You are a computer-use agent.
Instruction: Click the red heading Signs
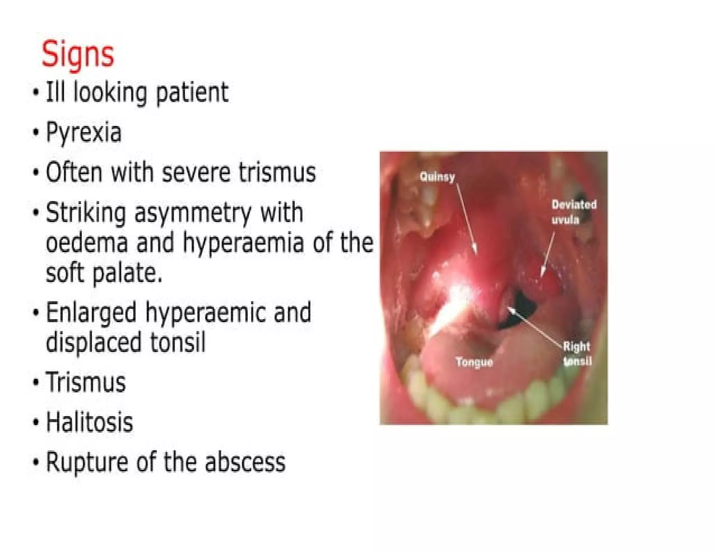pyautogui.click(x=78, y=55)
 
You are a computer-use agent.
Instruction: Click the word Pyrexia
pyautogui.click(x=84, y=133)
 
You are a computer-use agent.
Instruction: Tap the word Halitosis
pyautogui.click(x=89, y=422)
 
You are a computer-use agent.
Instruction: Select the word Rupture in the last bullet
pyautogui.click(x=87, y=463)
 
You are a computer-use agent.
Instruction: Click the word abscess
pyautogui.click(x=245, y=462)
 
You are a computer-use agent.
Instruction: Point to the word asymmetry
pyautogui.click(x=193, y=213)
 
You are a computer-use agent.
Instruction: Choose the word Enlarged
pyautogui.click(x=91, y=313)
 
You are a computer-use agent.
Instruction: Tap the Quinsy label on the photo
pyautogui.click(x=437, y=177)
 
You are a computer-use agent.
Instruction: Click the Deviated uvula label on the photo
pyautogui.click(x=574, y=212)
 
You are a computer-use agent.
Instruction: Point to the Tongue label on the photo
pyautogui.click(x=474, y=362)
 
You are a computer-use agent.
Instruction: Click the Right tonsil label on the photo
pyautogui.click(x=577, y=354)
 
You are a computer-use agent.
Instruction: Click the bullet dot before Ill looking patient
pyautogui.click(x=36, y=93)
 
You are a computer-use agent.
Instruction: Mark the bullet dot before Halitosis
pyautogui.click(x=36, y=422)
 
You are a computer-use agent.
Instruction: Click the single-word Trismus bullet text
pyautogui.click(x=86, y=382)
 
